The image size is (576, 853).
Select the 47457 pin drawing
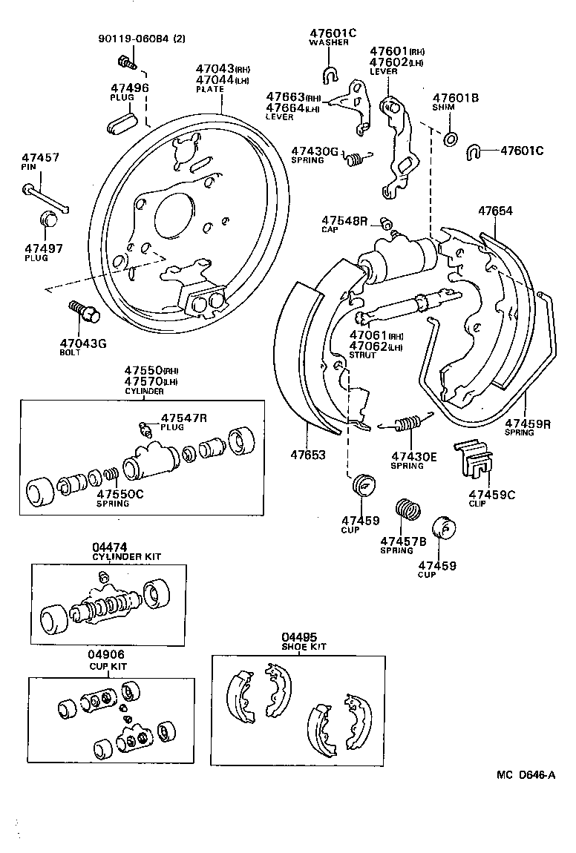click(46, 196)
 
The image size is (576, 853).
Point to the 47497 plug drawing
click(50, 220)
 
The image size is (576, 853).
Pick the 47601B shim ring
click(451, 138)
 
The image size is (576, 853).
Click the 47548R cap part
click(385, 223)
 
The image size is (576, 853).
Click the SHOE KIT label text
click(304, 647)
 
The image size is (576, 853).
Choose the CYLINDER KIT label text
click(126, 556)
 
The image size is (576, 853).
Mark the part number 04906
click(106, 655)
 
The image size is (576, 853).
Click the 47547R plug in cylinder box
click(145, 428)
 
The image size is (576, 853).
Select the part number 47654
click(496, 211)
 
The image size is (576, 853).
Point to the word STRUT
click(363, 355)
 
